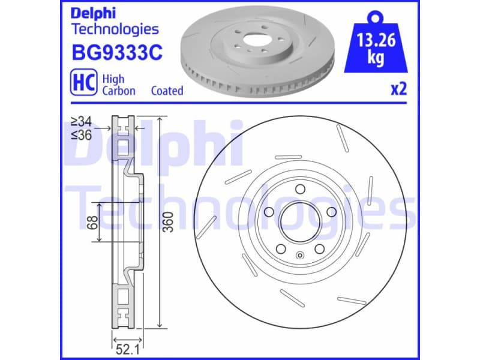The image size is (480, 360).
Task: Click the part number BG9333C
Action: tap(116, 54)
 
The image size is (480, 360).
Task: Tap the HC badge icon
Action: tap(83, 83)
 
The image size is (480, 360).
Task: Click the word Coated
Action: tap(167, 91)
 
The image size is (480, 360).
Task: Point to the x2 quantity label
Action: tap(399, 89)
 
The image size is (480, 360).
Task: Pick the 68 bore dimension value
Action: tap(91, 223)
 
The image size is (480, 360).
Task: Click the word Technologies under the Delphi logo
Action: tap(115, 29)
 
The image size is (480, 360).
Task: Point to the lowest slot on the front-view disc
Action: tap(352, 300)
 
